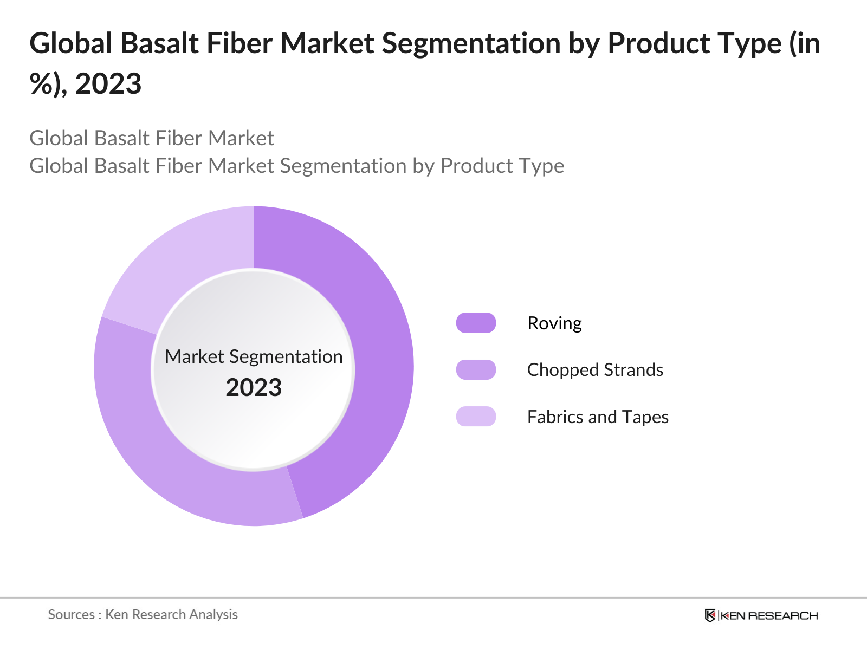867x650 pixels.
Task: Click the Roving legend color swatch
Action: coord(476,323)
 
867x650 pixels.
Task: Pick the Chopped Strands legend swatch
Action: coord(476,369)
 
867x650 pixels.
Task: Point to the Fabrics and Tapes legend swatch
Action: coord(476,417)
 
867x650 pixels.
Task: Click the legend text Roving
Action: coord(554,323)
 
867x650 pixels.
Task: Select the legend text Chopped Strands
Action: coord(595,370)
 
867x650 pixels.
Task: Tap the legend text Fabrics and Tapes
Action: coord(598,417)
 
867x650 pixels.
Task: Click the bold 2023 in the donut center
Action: coord(254,388)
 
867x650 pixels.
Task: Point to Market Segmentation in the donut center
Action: coord(254,356)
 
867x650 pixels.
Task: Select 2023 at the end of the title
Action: coord(108,84)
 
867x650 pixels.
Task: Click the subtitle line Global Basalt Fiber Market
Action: coord(152,138)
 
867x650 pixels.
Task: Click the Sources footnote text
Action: coord(143,614)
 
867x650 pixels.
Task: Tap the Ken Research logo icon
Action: coord(710,615)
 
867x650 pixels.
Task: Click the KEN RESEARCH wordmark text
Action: coord(769,616)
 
